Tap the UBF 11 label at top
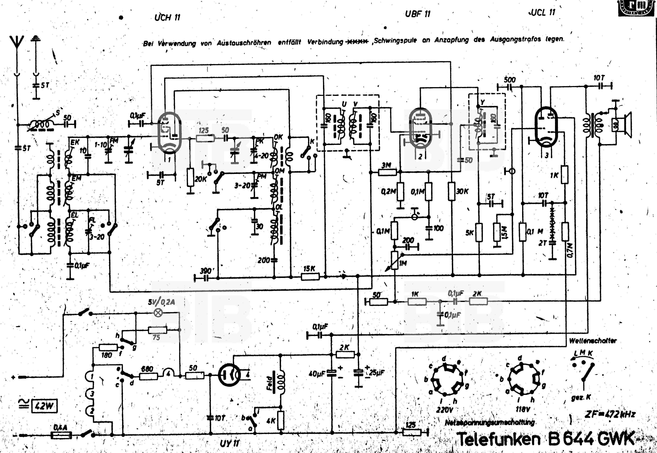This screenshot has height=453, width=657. point(418,14)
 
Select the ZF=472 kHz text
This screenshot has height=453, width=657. point(610,414)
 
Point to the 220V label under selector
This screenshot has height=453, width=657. point(445,410)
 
